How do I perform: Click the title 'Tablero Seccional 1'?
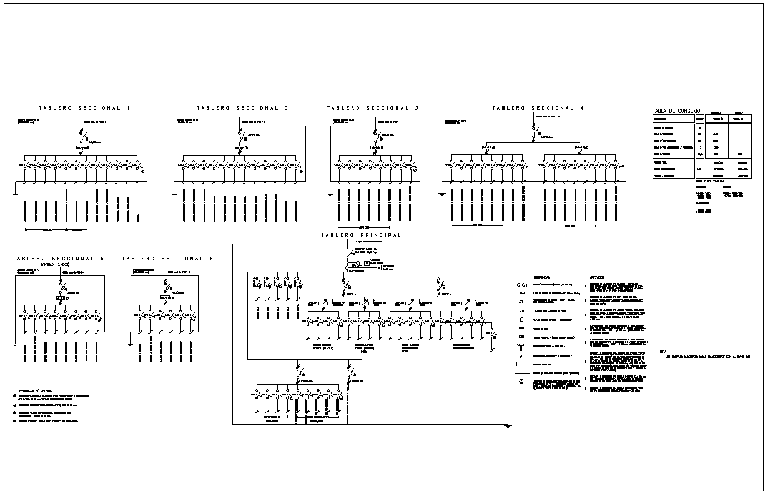tap(84, 109)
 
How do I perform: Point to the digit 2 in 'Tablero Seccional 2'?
tap(287, 109)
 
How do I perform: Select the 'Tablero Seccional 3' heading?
tap(372, 109)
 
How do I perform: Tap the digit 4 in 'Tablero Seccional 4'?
tap(582, 109)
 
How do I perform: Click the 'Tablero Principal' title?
tap(361, 236)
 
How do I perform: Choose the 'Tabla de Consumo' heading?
tap(676, 111)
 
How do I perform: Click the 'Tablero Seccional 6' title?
tap(167, 259)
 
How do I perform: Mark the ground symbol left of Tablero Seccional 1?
tap(14, 194)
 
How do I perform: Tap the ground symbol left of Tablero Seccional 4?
tap(441, 194)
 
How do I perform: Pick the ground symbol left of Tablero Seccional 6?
tap(129, 342)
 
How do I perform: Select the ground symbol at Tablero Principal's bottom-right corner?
tap(509, 426)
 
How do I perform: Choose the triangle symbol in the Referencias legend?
tap(520, 301)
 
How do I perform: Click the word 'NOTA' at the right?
tap(663, 352)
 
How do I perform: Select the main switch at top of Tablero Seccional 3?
tap(375, 133)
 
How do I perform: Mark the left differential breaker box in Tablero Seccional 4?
tap(488, 147)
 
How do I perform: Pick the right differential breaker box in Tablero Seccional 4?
tap(580, 147)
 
